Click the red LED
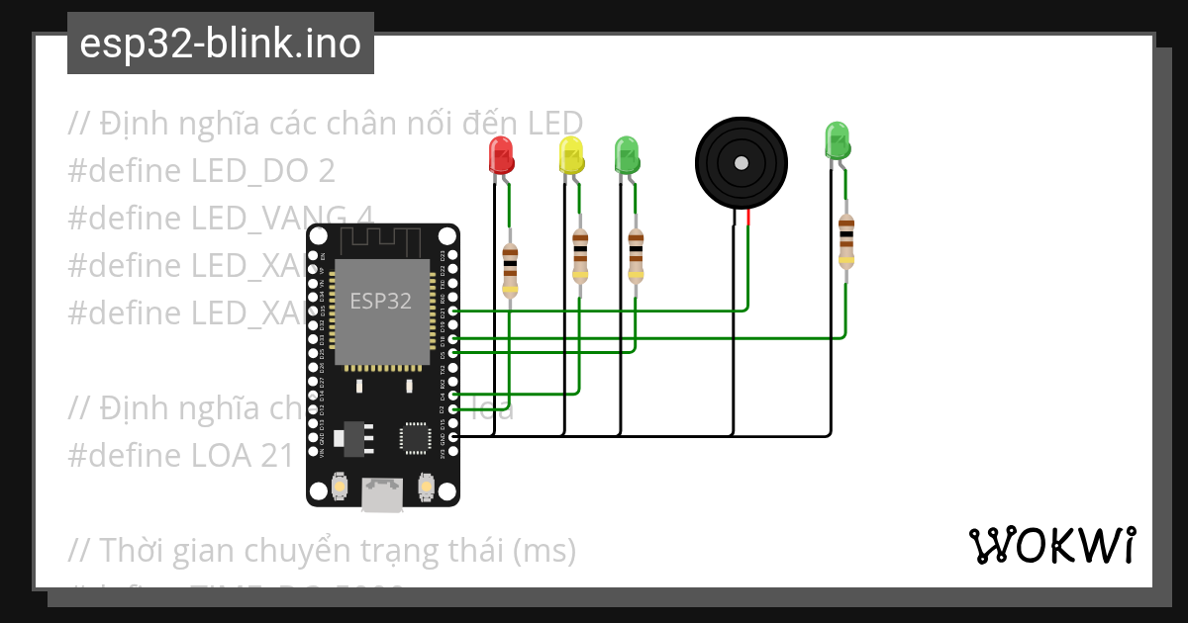coord(501,156)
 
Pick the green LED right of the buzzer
coord(837,141)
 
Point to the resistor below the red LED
coord(510,269)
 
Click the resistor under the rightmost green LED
coord(845,240)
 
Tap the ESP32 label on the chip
coord(380,302)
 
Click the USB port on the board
coord(382,493)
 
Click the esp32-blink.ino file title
coord(220,44)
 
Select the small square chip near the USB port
coord(414,437)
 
